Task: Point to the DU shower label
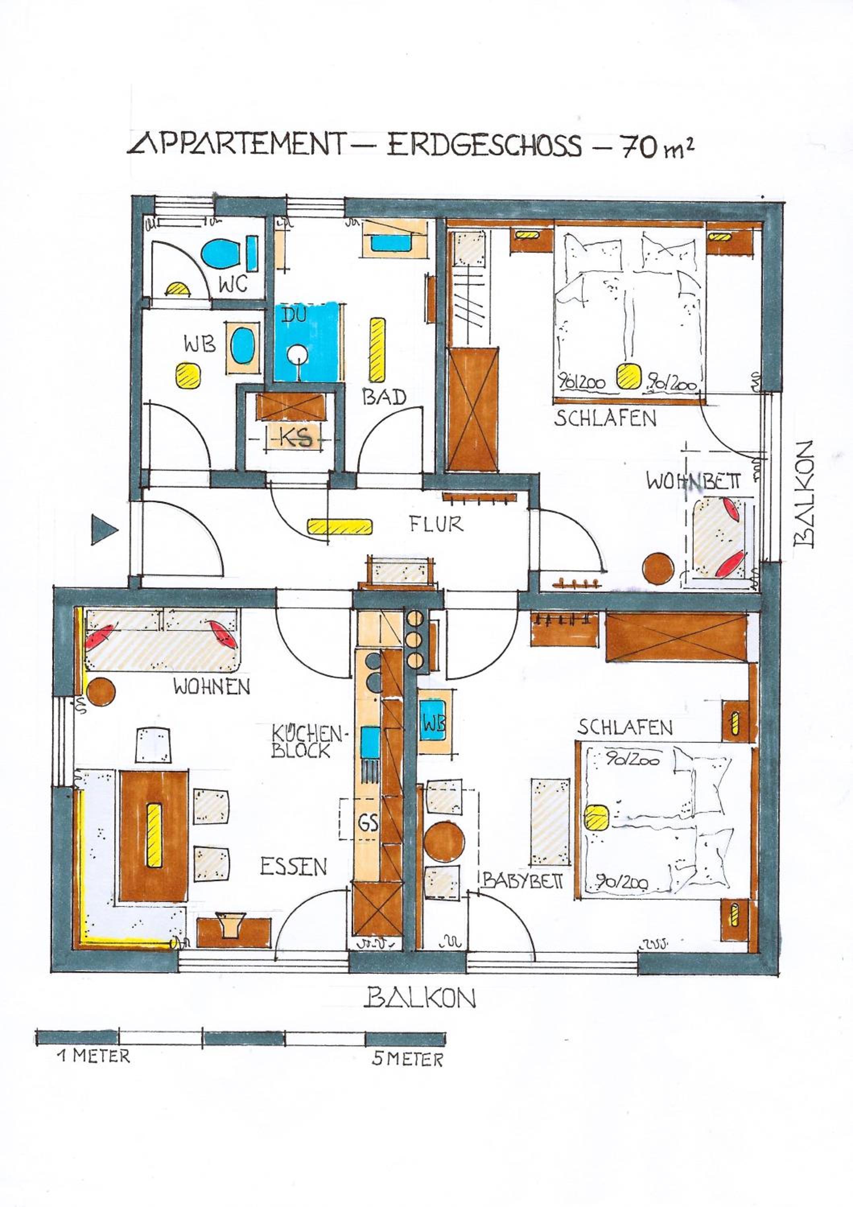click(294, 315)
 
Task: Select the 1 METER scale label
click(94, 1056)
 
